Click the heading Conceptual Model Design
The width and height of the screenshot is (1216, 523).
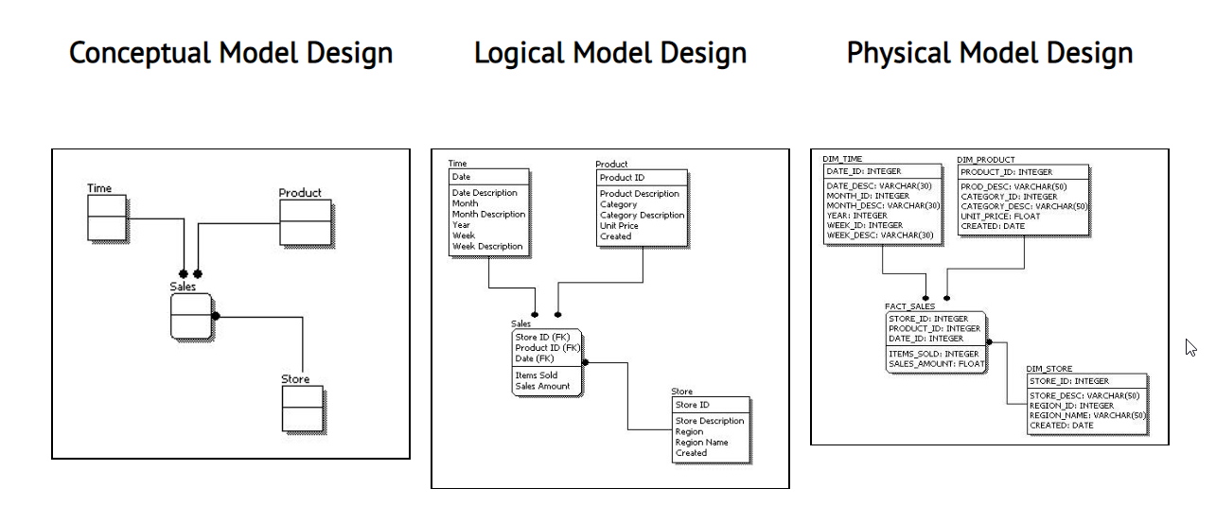click(231, 53)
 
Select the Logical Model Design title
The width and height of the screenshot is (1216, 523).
click(610, 53)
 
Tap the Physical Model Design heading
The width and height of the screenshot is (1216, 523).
click(990, 53)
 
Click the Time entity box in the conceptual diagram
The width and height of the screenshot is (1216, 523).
click(106, 218)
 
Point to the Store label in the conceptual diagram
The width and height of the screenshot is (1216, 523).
click(294, 379)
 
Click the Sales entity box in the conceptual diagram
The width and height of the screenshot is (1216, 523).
click(190, 316)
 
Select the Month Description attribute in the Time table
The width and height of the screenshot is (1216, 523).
click(488, 215)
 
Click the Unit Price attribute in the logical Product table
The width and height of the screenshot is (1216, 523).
click(619, 226)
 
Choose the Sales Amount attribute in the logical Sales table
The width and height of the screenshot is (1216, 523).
click(542, 386)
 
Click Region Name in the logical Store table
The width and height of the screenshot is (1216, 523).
click(701, 442)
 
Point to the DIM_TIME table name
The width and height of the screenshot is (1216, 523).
click(842, 160)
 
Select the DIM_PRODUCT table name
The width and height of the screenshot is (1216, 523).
click(985, 160)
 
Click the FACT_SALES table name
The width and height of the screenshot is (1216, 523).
click(909, 306)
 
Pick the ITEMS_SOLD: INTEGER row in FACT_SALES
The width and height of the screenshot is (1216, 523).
click(933, 354)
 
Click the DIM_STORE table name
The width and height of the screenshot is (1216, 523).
click(1049, 368)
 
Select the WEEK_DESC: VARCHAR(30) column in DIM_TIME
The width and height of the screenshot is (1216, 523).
click(880, 235)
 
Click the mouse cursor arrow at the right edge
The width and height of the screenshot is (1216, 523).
click(1190, 347)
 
